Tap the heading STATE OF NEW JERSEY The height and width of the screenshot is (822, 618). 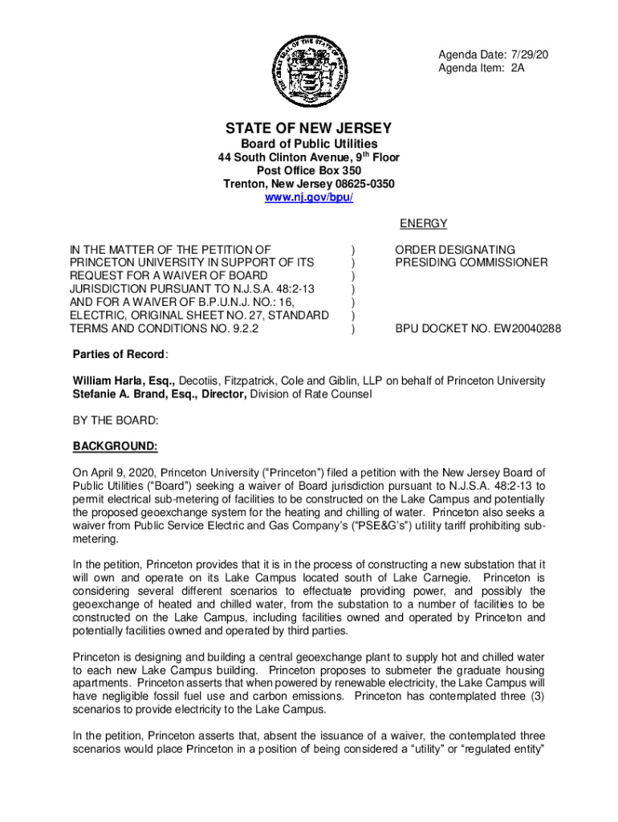[x=308, y=128]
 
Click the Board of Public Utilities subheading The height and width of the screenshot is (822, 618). [x=309, y=144]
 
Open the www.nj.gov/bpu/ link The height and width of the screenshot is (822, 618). [x=309, y=197]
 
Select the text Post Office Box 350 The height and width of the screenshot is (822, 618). [x=309, y=171]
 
